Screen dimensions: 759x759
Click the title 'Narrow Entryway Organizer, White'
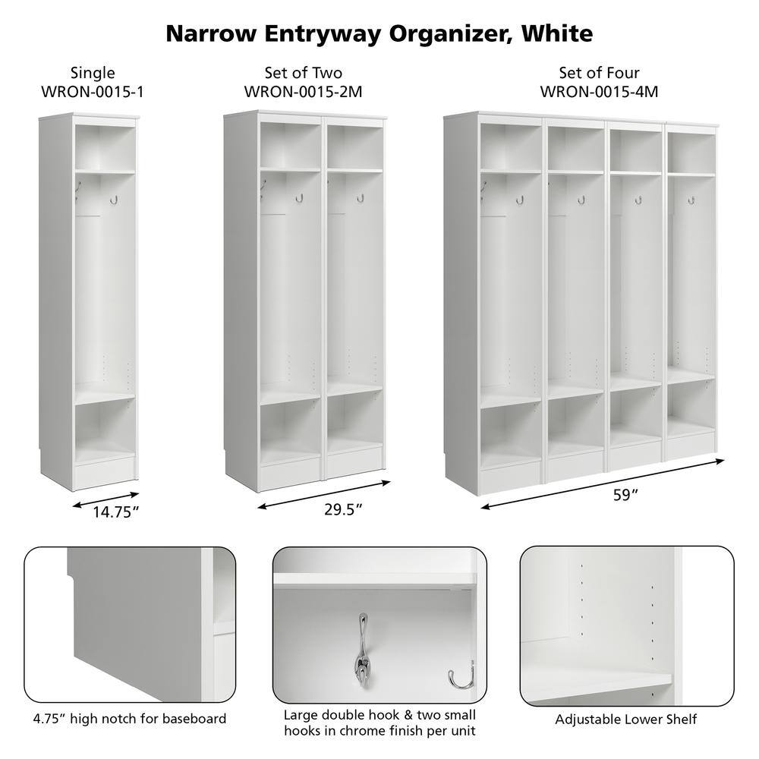tap(379, 33)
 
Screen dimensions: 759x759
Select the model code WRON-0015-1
tap(93, 91)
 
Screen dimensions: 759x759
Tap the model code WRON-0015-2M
tap(304, 91)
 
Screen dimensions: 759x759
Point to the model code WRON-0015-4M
tap(599, 91)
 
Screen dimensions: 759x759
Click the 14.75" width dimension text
tap(117, 512)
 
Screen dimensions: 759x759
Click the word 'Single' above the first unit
tap(93, 73)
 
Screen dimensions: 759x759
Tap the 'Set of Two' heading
tap(304, 73)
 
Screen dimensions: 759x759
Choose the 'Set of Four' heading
tap(599, 73)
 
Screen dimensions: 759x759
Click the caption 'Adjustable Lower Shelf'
tap(626, 719)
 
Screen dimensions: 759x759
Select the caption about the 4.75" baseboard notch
tap(129, 718)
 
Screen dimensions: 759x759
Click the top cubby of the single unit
tap(105, 148)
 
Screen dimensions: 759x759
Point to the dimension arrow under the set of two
tap(324, 494)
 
